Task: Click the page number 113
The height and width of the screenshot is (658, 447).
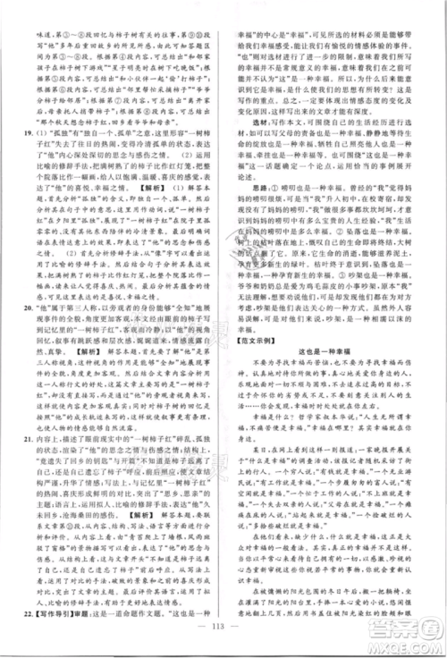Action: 223,638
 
